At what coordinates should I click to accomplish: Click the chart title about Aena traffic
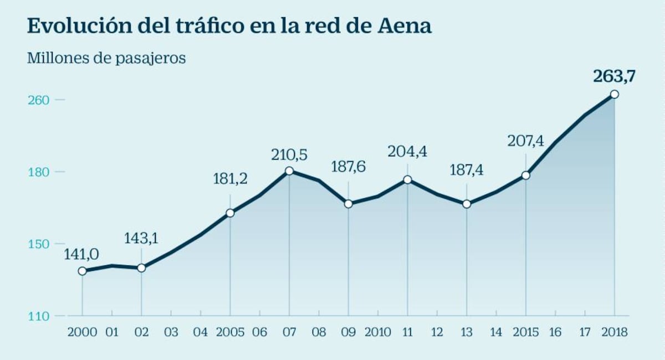pos(229,26)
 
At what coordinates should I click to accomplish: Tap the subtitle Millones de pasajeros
pos(106,58)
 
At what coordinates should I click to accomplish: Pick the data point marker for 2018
pos(614,94)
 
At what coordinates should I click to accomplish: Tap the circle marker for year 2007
pos(289,171)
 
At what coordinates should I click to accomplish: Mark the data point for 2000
pos(83,271)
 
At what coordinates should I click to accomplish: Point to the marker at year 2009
pos(349,204)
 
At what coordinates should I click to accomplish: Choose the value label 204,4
pos(408,151)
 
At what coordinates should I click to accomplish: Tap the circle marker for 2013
pos(467,204)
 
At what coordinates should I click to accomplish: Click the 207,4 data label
pos(526,141)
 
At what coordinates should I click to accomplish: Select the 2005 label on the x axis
pos(230,333)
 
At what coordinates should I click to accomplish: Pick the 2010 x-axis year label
pos(377,333)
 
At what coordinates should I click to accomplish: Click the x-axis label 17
pos(585,333)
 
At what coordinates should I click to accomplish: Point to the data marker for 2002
pos(141,268)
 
